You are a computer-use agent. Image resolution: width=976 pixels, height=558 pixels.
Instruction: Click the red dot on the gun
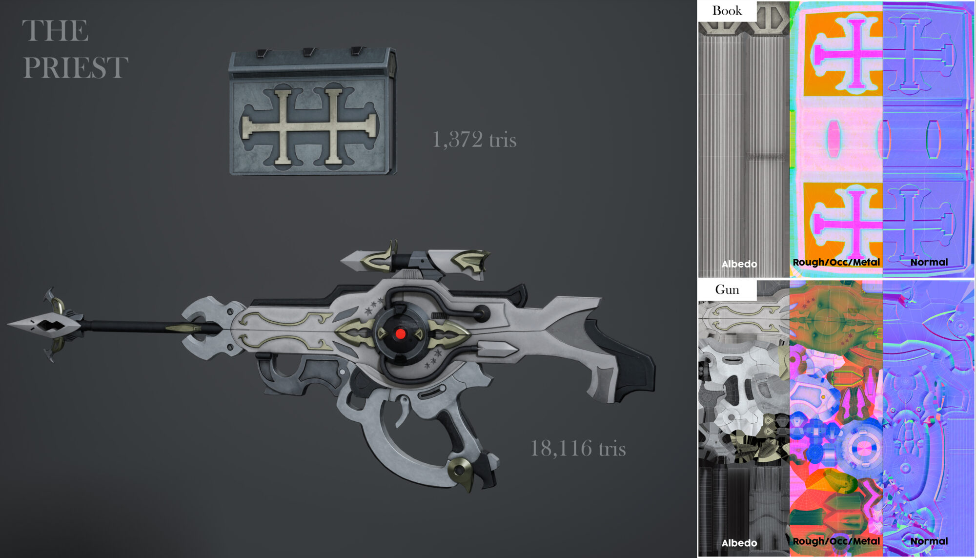click(400, 334)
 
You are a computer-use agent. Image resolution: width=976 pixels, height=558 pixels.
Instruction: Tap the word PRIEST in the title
click(75, 67)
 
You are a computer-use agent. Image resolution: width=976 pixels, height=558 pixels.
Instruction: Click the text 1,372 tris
click(474, 140)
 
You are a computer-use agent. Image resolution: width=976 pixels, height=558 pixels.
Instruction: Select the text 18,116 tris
click(578, 449)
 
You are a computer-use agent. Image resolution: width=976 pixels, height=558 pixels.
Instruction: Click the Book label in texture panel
click(727, 11)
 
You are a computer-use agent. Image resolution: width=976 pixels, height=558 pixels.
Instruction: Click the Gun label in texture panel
click(727, 290)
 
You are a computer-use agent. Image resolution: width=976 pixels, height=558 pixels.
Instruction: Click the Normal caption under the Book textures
click(929, 262)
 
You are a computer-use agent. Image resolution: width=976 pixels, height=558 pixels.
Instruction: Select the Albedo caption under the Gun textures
click(739, 542)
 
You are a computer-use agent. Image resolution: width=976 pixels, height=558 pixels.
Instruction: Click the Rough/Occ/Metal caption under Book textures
click(836, 262)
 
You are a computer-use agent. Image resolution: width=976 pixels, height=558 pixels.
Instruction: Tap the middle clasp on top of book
click(309, 52)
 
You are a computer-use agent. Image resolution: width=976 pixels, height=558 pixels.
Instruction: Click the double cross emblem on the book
click(309, 126)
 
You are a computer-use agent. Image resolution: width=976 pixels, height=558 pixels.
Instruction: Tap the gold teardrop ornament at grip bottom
click(461, 472)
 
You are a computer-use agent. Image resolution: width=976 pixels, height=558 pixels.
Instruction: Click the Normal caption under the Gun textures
click(929, 541)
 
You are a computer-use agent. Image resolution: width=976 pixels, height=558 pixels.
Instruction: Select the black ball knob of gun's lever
click(483, 312)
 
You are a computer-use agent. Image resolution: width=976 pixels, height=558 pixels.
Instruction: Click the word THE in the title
click(55, 31)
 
